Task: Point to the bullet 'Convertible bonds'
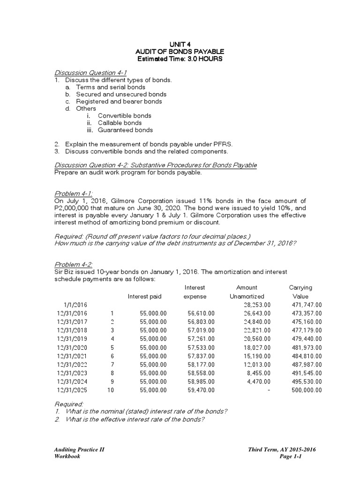(124, 116)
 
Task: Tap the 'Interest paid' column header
(145, 296)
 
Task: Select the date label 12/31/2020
(72, 347)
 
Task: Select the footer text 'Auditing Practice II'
(79, 450)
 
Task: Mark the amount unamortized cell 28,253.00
(255, 305)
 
